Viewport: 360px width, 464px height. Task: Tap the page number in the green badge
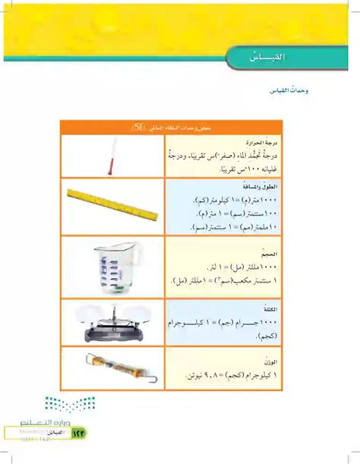(78, 432)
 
